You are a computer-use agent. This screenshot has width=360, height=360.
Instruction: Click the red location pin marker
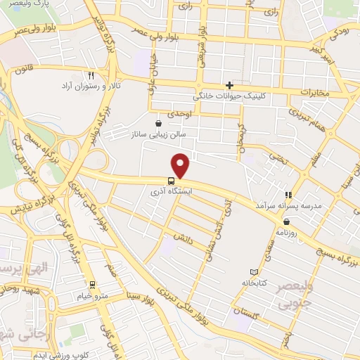point(181,165)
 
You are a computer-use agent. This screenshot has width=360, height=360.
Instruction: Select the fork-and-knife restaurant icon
point(91,75)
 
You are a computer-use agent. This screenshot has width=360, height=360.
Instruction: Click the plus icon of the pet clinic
point(229,85)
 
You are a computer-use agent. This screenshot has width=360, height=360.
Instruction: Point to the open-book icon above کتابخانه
point(254,272)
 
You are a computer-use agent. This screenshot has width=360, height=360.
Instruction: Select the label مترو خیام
point(93,295)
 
